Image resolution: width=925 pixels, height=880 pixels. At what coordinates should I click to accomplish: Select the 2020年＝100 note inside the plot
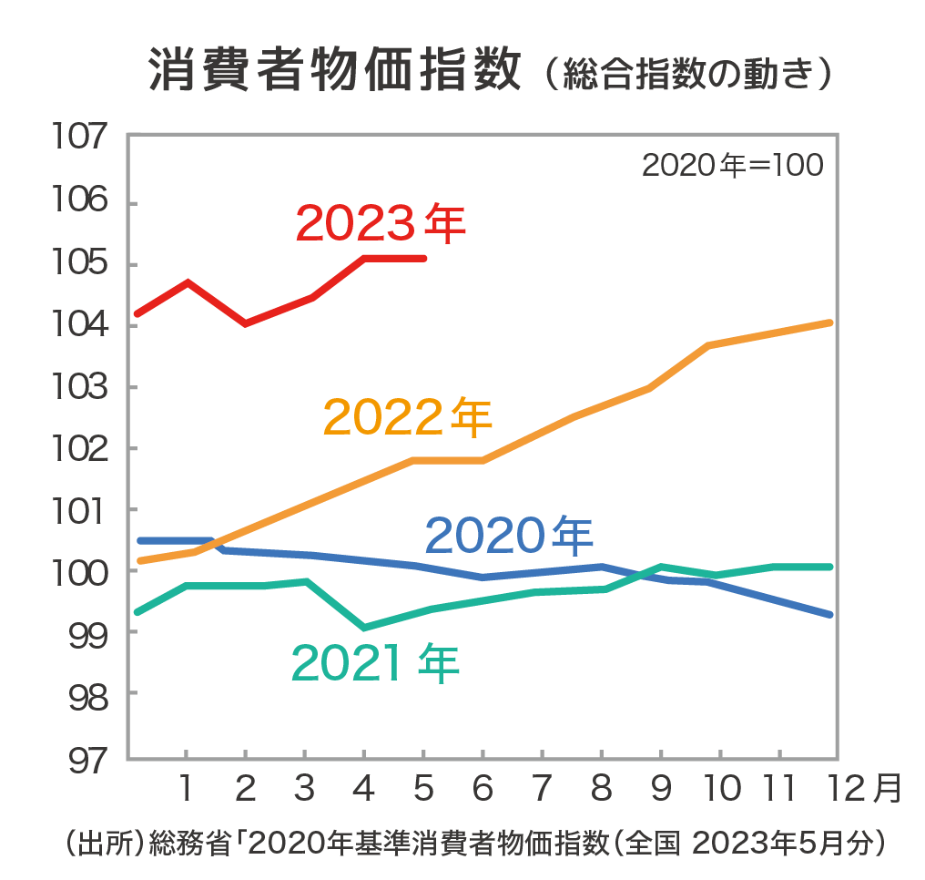tap(732, 166)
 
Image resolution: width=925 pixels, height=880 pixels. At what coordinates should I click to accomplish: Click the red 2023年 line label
tap(381, 223)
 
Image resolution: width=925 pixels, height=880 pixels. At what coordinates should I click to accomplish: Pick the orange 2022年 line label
tap(407, 417)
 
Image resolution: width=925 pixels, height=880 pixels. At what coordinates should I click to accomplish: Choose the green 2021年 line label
tap(375, 664)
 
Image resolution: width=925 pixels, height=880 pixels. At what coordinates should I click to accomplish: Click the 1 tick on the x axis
tap(186, 788)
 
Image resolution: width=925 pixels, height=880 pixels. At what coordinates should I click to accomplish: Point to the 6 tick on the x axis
tap(483, 788)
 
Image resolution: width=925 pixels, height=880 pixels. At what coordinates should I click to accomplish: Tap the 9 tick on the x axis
tap(661, 788)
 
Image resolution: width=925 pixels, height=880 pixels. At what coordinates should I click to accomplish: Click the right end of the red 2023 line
tap(424, 258)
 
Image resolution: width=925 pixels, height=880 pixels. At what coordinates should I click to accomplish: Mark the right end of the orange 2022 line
tap(829, 322)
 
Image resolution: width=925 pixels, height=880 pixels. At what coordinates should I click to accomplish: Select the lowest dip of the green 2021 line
tap(364, 628)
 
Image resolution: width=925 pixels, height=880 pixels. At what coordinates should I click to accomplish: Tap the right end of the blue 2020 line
tap(829, 615)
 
